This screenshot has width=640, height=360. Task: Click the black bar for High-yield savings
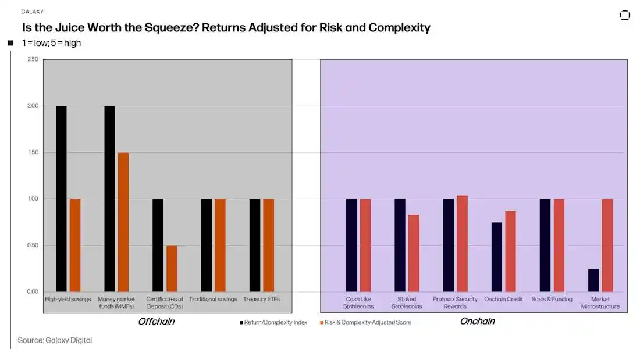point(61,198)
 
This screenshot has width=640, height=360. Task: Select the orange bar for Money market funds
point(123,222)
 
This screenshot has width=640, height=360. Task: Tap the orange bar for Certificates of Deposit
point(172,268)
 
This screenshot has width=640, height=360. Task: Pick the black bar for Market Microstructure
point(593,280)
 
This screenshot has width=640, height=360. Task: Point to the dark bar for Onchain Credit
point(496,256)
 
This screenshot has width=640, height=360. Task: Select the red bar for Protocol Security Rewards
point(462,244)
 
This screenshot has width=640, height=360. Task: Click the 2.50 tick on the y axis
point(33,59)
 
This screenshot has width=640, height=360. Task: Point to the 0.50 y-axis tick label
point(33,245)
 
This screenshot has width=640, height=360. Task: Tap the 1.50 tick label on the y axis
point(33,152)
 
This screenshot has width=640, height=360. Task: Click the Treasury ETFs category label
point(261,299)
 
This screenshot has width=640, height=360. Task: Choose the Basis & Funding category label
point(552,299)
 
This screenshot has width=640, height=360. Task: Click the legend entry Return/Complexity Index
point(273,322)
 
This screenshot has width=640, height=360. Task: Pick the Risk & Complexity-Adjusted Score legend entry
point(366,322)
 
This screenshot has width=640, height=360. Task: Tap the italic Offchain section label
point(156,321)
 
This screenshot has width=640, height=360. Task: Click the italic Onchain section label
point(477,321)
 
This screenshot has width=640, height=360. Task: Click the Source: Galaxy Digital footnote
point(55,340)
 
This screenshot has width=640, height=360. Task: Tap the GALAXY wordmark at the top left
point(33,12)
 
